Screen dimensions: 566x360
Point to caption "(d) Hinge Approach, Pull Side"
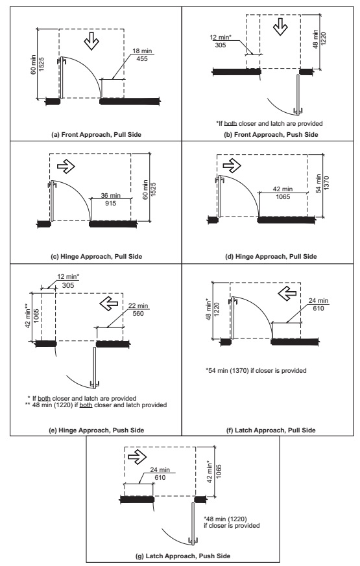point(270,256)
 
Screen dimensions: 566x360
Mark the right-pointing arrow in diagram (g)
point(138,457)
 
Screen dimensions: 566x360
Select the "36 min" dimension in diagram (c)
point(108,195)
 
